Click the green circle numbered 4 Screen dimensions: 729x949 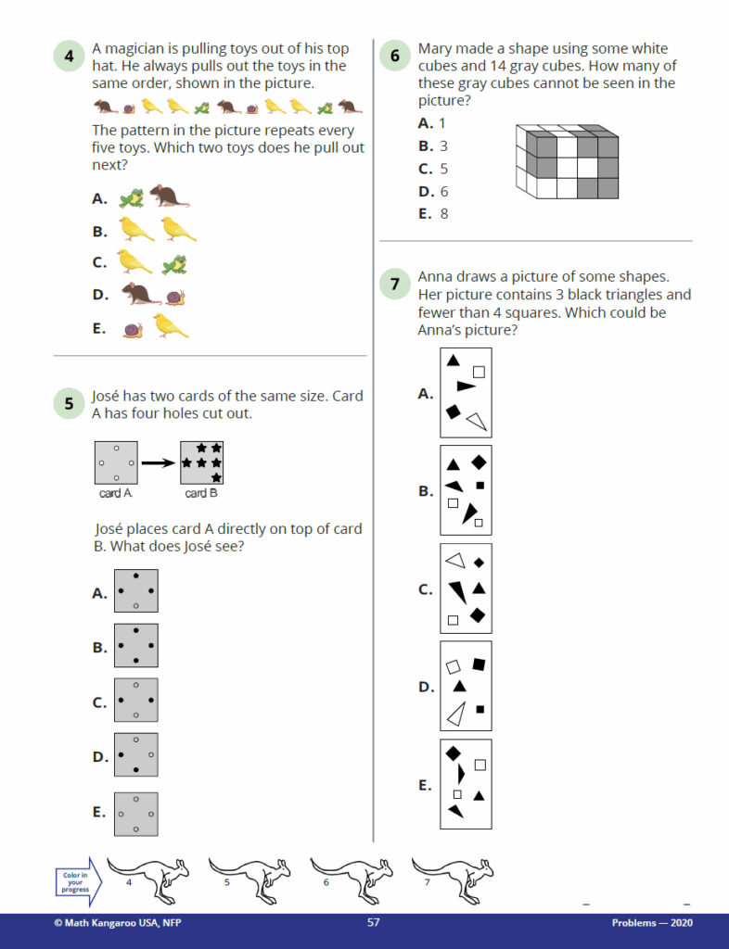click(x=69, y=56)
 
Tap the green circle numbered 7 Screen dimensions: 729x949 click(x=395, y=284)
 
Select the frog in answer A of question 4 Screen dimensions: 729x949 click(x=132, y=198)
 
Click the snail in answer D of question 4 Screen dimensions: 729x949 click(x=175, y=297)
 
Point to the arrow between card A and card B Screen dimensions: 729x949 click(x=158, y=463)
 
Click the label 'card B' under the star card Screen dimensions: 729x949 click(x=201, y=493)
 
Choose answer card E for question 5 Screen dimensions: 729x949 click(x=136, y=814)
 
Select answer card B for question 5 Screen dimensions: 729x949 click(x=136, y=646)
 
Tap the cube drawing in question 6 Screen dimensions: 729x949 click(x=567, y=161)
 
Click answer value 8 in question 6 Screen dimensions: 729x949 click(x=444, y=214)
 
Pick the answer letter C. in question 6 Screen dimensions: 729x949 click(x=425, y=169)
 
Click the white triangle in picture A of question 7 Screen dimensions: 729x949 click(x=479, y=422)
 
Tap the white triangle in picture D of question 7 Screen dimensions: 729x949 click(x=456, y=715)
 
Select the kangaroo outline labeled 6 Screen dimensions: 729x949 click(x=352, y=879)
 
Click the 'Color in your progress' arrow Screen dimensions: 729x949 click(x=79, y=882)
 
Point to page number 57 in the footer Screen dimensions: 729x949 click(x=374, y=922)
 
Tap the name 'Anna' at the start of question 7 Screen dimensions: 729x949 click(x=435, y=276)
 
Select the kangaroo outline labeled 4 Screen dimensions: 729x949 click(x=148, y=879)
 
